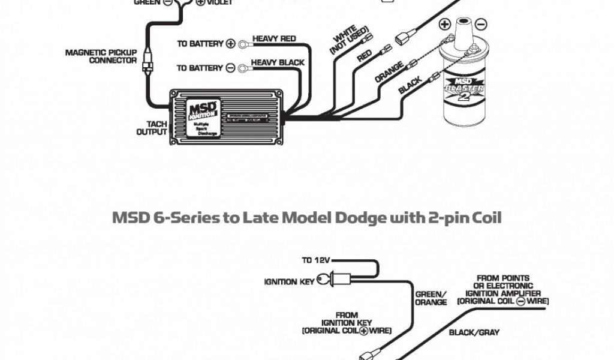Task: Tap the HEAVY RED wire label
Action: click(x=274, y=39)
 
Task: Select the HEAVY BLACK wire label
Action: click(x=277, y=62)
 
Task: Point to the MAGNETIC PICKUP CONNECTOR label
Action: click(x=101, y=56)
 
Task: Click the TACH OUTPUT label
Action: click(x=151, y=127)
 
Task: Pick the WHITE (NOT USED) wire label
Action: click(x=347, y=38)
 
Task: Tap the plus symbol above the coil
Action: click(x=444, y=25)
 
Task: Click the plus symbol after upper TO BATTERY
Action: click(x=231, y=44)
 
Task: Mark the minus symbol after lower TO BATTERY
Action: click(x=231, y=68)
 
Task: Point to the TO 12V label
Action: click(x=315, y=261)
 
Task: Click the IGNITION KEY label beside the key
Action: click(x=290, y=281)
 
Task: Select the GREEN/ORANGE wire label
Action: click(x=431, y=298)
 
